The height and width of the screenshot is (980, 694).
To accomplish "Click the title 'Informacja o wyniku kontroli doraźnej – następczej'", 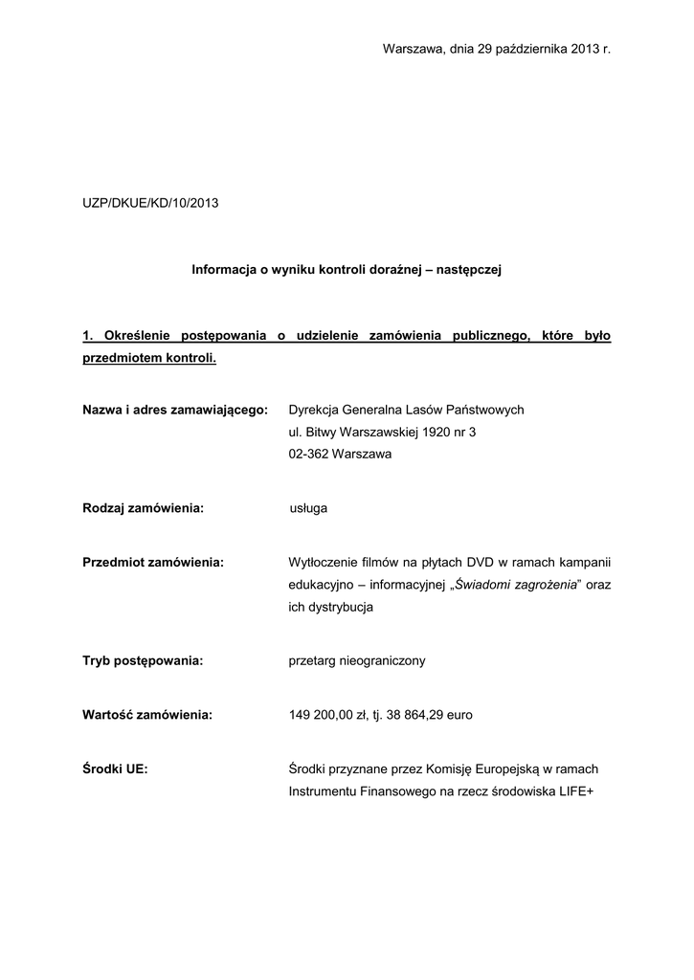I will coord(347,271).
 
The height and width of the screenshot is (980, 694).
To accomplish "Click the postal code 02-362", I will coord(308,455).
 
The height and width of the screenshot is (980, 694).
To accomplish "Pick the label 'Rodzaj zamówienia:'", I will coord(144,508).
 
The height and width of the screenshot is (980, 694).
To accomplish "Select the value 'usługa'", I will coord(308,508).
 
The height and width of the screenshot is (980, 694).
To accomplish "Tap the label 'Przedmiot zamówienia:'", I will coord(153,562).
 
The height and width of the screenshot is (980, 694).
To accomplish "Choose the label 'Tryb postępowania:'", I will coord(143,660).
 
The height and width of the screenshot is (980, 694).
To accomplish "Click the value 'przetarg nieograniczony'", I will coord(357,660).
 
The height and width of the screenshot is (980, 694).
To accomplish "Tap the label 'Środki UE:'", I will coord(115,768).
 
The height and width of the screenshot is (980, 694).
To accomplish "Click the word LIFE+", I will coord(576,791).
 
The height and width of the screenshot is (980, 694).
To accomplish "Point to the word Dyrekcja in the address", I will coord(313,410).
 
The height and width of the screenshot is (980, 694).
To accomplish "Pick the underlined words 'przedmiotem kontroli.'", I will coord(149,359).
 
